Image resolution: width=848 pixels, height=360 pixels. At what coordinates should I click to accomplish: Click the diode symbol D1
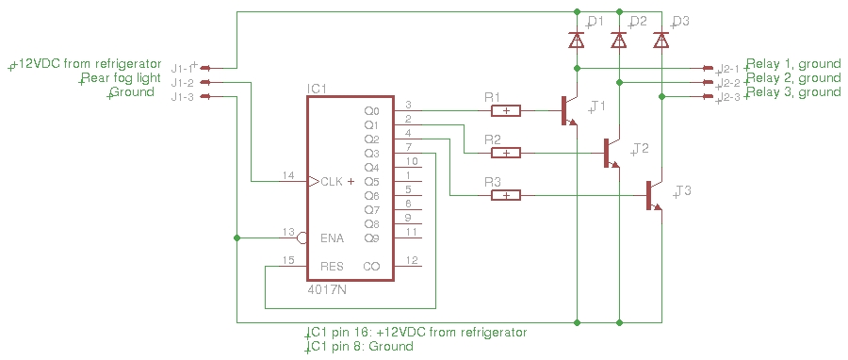[x=577, y=40]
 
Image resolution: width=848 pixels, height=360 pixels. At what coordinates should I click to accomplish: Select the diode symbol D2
[x=619, y=40]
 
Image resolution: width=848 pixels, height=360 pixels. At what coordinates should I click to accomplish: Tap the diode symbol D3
[x=660, y=40]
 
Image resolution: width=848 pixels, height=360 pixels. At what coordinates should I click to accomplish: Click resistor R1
[x=506, y=111]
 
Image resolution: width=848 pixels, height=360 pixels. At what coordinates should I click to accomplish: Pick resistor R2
[x=506, y=153]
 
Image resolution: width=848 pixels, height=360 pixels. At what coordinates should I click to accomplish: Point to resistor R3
[x=506, y=195]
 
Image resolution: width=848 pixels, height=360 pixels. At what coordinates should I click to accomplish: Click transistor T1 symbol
[x=569, y=111]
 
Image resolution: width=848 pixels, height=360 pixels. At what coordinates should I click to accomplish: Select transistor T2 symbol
[x=612, y=153]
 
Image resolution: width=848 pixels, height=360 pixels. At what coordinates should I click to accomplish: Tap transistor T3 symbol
[x=654, y=195]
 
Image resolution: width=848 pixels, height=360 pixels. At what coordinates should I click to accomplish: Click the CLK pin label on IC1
[x=332, y=182]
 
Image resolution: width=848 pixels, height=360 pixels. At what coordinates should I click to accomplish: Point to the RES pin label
[x=332, y=266]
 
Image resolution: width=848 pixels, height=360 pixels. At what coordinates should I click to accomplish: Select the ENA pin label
[x=333, y=237]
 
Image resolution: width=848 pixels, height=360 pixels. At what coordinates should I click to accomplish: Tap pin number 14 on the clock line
[x=288, y=175]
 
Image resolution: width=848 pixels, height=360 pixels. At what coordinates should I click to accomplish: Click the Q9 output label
[x=371, y=237]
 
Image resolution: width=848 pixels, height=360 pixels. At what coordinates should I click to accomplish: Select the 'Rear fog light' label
[x=121, y=78]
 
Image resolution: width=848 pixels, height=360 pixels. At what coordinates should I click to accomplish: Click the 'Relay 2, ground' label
[x=793, y=78]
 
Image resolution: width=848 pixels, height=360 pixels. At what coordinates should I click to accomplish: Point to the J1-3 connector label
[x=183, y=97]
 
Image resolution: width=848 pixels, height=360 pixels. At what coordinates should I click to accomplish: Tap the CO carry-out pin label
[x=371, y=266]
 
